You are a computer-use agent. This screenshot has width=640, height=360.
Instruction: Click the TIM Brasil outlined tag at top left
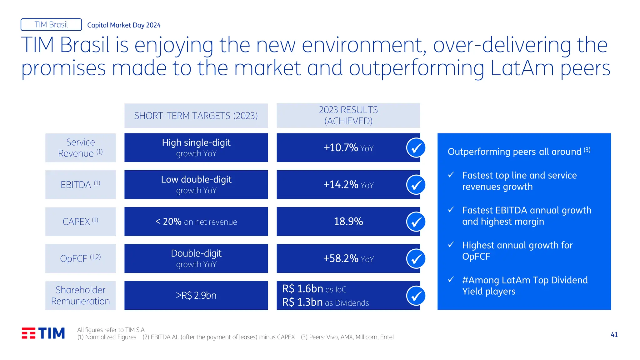(51, 25)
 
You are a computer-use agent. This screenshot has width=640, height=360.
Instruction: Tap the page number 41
(614, 335)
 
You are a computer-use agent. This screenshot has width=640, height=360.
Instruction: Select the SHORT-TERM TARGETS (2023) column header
(196, 116)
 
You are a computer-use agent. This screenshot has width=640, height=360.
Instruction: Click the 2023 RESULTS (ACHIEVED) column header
(348, 116)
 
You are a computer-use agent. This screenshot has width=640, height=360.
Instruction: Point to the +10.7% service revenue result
(348, 148)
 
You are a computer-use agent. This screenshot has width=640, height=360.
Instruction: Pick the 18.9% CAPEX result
(348, 222)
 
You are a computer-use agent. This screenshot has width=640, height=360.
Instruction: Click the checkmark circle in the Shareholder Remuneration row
(416, 296)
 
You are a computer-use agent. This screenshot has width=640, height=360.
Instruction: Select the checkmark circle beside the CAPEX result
(416, 222)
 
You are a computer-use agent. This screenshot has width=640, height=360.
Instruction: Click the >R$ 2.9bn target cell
(196, 295)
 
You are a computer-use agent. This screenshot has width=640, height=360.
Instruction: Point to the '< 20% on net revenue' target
(196, 222)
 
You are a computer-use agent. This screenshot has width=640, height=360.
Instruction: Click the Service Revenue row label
(80, 148)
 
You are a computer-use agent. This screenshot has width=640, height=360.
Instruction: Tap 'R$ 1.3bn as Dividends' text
(325, 302)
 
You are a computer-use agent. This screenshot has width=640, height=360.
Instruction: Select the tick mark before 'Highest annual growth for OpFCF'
(451, 244)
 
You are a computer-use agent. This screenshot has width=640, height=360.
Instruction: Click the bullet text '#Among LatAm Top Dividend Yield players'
(525, 286)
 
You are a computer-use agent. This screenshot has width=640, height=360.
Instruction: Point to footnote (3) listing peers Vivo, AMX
(347, 337)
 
